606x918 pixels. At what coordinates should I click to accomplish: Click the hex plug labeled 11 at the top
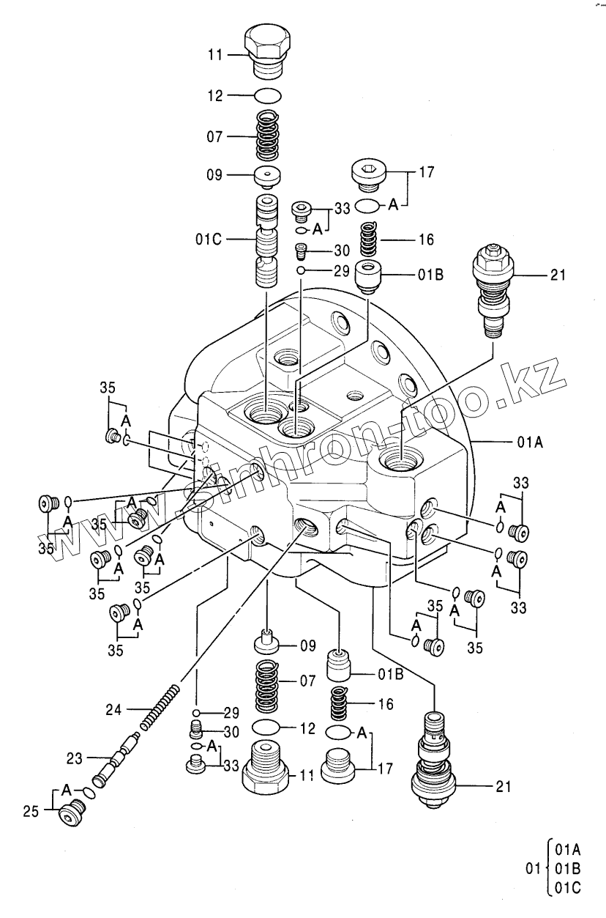[x=269, y=49]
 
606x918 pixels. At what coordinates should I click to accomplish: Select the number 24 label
[x=114, y=709]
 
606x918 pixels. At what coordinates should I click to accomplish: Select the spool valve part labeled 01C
[x=267, y=242]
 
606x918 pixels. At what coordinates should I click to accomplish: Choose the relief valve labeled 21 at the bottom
[x=434, y=762]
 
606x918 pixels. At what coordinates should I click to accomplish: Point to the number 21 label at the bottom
[x=503, y=788]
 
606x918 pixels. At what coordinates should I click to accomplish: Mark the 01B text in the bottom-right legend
[x=567, y=870]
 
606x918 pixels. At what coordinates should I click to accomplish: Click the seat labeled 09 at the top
[x=269, y=176]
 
